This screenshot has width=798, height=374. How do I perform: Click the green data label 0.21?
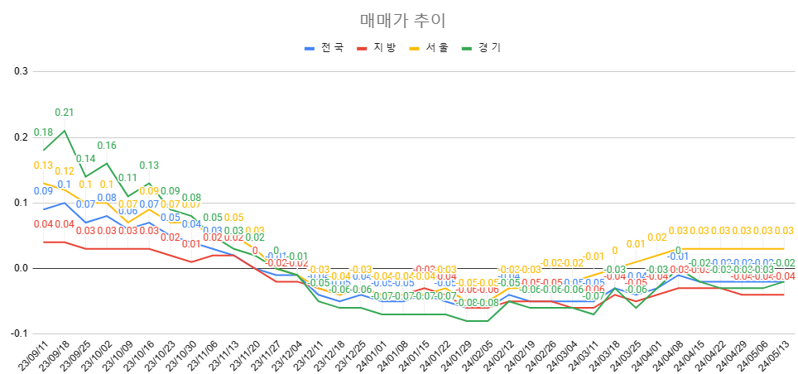point(65,113)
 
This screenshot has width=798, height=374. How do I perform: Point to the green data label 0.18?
point(43,132)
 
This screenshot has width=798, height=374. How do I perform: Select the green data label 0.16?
point(107,146)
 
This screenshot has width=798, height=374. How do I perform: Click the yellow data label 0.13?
point(43,165)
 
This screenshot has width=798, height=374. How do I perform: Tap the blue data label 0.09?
point(43,191)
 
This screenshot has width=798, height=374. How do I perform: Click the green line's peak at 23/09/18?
point(65,130)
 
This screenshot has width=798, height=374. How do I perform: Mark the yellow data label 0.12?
point(65,171)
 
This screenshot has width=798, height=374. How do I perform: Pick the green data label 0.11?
point(127,178)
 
